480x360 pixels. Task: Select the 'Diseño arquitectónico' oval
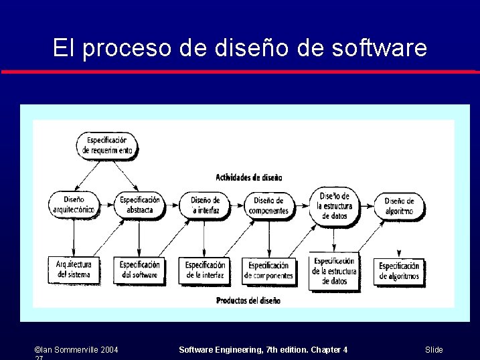click(74, 205)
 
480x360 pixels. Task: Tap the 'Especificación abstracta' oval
click(139, 205)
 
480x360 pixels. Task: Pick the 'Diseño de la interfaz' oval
click(204, 205)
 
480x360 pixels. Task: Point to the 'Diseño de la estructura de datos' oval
click(334, 205)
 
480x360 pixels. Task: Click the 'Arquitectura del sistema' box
click(74, 270)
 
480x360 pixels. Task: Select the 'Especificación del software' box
click(139, 270)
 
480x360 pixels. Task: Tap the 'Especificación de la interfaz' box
click(205, 270)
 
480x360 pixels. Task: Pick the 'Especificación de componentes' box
click(268, 270)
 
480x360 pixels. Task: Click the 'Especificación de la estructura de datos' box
click(334, 271)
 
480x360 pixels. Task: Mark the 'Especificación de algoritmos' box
click(399, 270)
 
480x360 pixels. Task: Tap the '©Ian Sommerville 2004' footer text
click(76, 350)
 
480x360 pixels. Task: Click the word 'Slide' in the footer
click(434, 350)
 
